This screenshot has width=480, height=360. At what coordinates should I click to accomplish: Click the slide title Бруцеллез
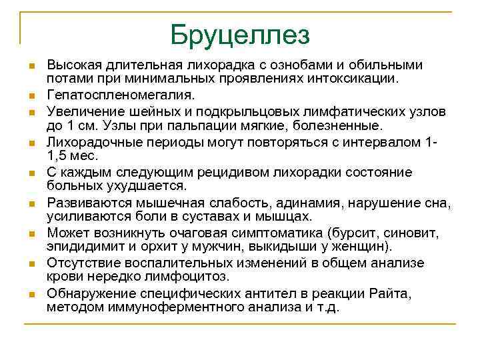tap(240, 35)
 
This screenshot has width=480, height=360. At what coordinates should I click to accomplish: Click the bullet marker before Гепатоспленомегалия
tap(31, 95)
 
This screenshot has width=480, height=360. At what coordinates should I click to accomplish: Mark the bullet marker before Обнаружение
tap(31, 294)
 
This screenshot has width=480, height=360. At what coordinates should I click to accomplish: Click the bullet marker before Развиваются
tap(31, 203)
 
